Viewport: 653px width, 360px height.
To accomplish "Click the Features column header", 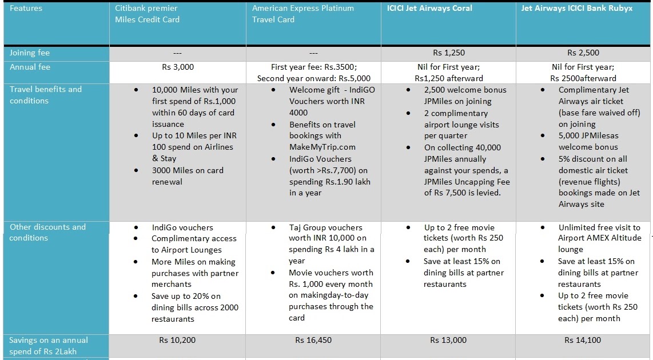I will point(26,9).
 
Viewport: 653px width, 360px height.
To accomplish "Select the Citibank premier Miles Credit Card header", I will point(147,14).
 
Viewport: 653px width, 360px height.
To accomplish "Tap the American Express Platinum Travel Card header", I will point(303,14).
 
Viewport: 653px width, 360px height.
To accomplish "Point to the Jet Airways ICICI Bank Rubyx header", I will point(577,9).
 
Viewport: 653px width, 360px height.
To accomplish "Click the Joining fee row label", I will point(30,53).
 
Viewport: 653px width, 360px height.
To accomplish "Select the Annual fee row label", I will point(30,67).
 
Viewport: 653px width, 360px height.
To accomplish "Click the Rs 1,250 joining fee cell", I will point(449,53).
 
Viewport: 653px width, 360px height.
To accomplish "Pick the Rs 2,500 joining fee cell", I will point(583,53).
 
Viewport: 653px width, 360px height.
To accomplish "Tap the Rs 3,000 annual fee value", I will point(178,67).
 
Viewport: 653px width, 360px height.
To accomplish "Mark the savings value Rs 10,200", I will point(177,340).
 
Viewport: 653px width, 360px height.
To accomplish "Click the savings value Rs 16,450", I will point(314,340).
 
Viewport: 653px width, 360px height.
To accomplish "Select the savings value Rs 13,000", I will point(449,340).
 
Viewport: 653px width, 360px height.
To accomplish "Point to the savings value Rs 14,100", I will point(583,340).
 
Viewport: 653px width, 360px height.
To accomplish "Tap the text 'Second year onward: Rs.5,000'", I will point(314,78).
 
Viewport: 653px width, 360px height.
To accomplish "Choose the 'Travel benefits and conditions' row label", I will point(46,95).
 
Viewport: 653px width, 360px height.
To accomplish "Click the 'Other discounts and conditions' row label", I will point(47,232).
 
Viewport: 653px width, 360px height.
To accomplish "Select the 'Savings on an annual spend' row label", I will point(49,345).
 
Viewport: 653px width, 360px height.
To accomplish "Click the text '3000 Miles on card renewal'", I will point(188,175).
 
